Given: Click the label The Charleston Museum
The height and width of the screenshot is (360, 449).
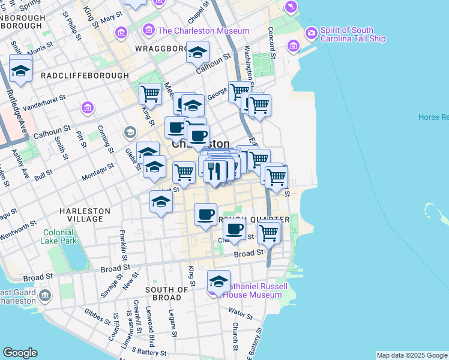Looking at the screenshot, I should (x=203, y=31).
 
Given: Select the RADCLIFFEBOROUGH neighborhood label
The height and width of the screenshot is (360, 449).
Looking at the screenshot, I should (x=85, y=76).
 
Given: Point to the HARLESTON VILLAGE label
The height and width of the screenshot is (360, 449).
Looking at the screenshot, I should (x=85, y=215).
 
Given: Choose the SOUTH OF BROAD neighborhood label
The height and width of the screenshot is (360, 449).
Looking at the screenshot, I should (x=163, y=293).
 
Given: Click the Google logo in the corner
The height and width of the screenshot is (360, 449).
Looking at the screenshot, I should (x=20, y=353).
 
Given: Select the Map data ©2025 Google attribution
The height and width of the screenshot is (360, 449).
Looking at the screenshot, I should (x=411, y=355).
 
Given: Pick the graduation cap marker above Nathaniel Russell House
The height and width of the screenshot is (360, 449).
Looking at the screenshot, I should (x=219, y=281).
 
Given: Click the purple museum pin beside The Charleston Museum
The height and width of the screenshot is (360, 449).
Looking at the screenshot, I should (x=149, y=30).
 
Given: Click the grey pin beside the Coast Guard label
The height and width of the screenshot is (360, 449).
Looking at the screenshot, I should (x=47, y=293).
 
